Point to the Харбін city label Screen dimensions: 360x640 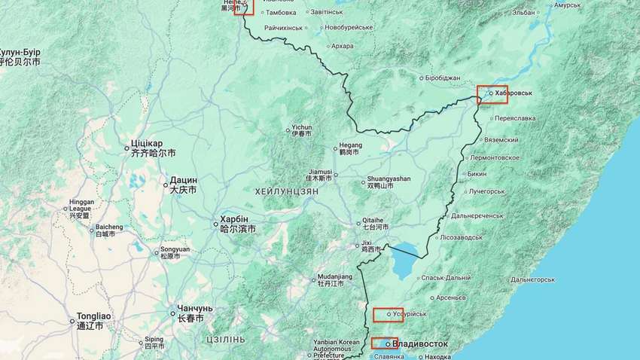tap(233, 220)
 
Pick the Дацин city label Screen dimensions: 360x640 tap(183, 181)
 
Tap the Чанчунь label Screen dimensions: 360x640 tap(194, 309)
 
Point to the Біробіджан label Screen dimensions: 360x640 tap(443, 78)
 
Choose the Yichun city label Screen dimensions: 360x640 tap(301, 127)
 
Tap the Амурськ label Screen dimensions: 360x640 tap(567, 5)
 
